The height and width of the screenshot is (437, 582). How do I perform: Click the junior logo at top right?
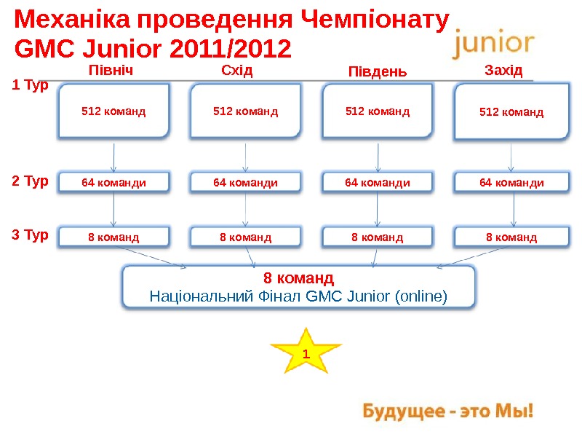pyautogui.click(x=494, y=44)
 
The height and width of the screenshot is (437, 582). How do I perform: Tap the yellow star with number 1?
pyautogui.click(x=306, y=353)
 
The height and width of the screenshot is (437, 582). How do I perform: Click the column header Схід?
pyautogui.click(x=236, y=71)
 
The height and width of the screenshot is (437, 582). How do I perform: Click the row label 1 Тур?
pyautogui.click(x=31, y=86)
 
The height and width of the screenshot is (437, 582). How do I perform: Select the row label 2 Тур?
pyautogui.click(x=31, y=181)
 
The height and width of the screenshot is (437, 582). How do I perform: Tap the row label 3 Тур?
pyautogui.click(x=31, y=235)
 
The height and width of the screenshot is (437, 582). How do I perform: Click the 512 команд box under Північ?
pyautogui.click(x=113, y=111)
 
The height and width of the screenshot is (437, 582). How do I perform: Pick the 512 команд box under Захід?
pyautogui.click(x=511, y=112)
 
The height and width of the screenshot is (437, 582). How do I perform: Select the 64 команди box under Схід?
pyautogui.click(x=245, y=182)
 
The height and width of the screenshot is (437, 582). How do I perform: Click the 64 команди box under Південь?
pyautogui.click(x=377, y=182)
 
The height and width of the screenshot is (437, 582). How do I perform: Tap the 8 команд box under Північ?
pyautogui.click(x=113, y=237)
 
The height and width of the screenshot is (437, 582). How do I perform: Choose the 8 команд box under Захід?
pyautogui.click(x=511, y=237)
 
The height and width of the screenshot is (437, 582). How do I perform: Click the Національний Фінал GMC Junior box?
pyautogui.click(x=298, y=287)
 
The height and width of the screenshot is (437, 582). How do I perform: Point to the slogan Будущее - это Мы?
pyautogui.click(x=449, y=412)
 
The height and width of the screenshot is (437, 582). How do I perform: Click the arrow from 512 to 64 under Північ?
pyautogui.click(x=114, y=156)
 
